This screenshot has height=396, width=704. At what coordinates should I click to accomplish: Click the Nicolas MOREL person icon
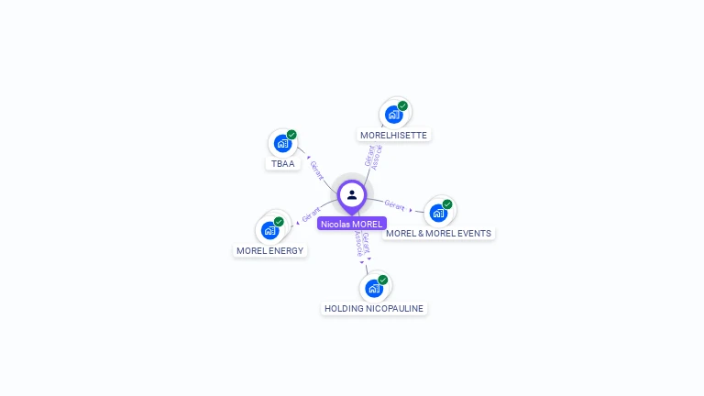pyautogui.click(x=352, y=194)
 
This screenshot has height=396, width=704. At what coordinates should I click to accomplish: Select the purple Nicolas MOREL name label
pyautogui.click(x=352, y=224)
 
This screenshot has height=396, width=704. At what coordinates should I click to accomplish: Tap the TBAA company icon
pyautogui.click(x=282, y=144)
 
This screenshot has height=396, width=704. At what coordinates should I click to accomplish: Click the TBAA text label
pyautogui.click(x=282, y=164)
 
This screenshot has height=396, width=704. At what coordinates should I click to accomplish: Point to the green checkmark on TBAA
pyautogui.click(x=291, y=135)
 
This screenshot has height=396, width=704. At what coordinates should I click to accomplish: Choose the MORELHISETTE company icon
pyautogui.click(x=393, y=115)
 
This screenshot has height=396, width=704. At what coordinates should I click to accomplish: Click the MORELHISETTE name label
pyautogui.click(x=393, y=135)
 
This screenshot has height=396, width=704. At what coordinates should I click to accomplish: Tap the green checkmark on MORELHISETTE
pyautogui.click(x=402, y=105)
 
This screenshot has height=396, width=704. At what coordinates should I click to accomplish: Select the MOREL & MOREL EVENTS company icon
pyautogui.click(x=438, y=213)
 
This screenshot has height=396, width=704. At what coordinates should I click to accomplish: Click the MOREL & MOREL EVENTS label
pyautogui.click(x=438, y=233)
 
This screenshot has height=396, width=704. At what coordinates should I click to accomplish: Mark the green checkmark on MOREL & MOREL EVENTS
pyautogui.click(x=447, y=203)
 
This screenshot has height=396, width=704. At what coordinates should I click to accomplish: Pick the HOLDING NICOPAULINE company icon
pyautogui.click(x=374, y=289)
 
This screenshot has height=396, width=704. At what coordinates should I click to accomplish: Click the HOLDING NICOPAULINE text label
pyautogui.click(x=374, y=309)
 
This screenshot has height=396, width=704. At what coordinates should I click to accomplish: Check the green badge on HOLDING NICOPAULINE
pyautogui.click(x=383, y=280)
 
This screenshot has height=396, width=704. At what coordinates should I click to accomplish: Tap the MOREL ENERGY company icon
pyautogui.click(x=270, y=230)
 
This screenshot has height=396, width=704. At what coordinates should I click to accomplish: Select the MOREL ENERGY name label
pyautogui.click(x=270, y=250)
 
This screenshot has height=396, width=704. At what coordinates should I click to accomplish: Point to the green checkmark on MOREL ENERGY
pyautogui.click(x=280, y=221)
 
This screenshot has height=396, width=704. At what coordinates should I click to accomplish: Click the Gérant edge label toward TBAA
pyautogui.click(x=316, y=170)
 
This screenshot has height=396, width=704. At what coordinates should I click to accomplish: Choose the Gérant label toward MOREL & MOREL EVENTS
pyautogui.click(x=395, y=204)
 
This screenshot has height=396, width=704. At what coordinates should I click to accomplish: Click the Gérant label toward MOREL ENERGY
pyautogui.click(x=311, y=214)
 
